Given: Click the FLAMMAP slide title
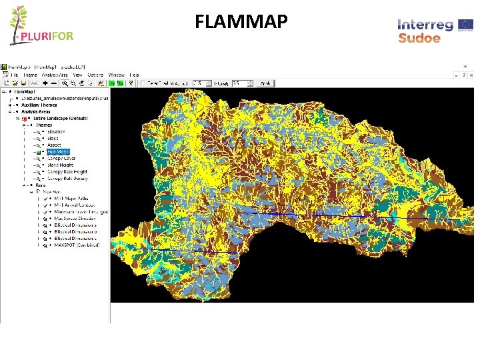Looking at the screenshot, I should coord(241,22).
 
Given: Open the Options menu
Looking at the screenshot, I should coord(95,75).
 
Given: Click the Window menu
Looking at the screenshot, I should coord(116,75).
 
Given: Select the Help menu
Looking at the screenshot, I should coord(134,75).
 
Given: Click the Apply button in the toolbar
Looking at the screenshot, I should coord(265,83).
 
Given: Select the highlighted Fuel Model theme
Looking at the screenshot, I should coord(58,151).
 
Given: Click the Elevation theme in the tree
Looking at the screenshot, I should coord(57,131).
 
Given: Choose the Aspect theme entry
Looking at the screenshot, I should coord(54,145).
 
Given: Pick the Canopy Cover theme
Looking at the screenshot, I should coord(61,158).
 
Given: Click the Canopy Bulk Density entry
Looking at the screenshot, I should coord(67,179).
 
